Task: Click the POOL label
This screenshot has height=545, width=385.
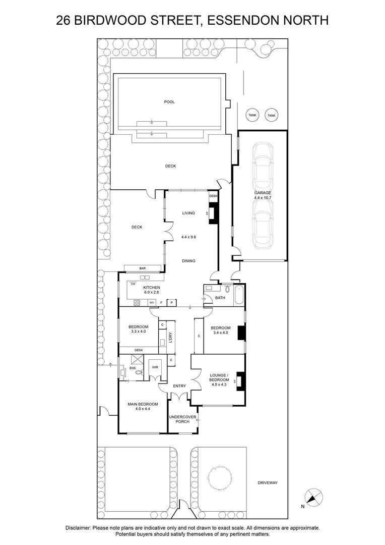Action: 169,102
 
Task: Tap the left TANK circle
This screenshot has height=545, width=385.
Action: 252,116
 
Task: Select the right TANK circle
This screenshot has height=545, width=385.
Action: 272,116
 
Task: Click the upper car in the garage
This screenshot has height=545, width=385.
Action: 263,166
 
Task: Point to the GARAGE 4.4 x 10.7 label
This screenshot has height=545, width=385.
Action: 263,195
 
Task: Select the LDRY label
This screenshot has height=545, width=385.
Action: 171,337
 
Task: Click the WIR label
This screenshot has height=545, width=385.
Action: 155,367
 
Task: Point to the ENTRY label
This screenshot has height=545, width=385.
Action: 179,386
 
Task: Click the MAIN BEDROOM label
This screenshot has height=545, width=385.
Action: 143,407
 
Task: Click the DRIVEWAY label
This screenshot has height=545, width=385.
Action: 267,483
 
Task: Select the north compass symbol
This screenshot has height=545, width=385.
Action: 314,498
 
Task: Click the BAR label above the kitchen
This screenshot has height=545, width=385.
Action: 143,268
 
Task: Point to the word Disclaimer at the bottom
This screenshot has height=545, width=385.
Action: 78,528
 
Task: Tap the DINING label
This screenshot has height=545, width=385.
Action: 188,261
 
